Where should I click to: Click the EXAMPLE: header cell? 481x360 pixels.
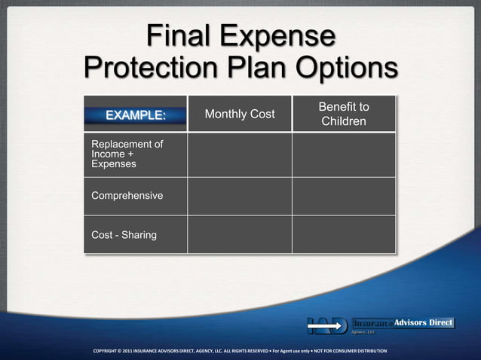135,115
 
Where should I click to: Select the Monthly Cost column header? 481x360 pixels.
240,114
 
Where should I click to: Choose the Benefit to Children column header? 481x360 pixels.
344,114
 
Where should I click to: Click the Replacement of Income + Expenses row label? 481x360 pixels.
127,154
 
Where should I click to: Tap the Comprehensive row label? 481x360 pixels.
127,196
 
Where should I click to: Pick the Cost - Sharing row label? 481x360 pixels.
124,235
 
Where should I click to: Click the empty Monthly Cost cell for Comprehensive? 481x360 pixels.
240,196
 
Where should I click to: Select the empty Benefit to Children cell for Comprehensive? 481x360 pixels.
344,196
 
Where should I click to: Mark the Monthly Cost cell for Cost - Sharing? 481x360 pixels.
240,235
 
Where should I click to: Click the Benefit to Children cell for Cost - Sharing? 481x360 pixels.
344,235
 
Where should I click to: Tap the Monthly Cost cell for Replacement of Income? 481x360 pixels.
240,154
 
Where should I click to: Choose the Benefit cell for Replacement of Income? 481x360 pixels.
344,154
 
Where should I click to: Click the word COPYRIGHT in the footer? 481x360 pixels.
110,351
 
